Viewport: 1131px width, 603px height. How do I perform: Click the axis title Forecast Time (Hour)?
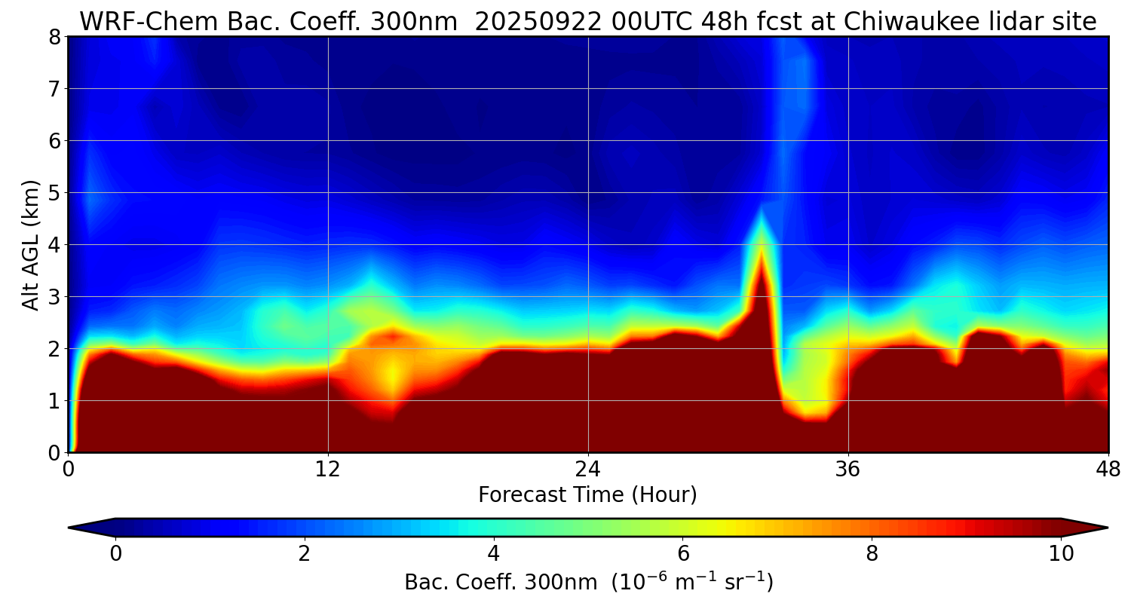587,495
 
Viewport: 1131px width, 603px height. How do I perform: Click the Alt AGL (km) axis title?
31,244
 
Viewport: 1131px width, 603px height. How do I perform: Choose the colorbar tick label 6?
683,554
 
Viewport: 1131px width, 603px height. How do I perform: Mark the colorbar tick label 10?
1061,554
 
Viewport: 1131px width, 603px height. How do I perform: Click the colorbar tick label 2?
305,554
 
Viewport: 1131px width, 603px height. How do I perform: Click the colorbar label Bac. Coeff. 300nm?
504,583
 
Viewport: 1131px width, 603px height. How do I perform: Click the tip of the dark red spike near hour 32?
762,248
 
